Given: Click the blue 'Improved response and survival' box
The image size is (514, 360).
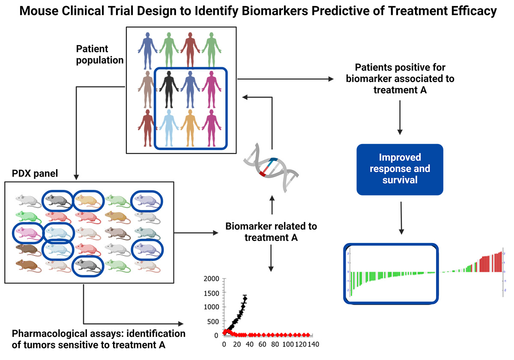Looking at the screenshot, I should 400,168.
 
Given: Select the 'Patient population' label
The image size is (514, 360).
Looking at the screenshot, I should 99,54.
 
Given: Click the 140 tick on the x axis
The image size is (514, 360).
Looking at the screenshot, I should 312,344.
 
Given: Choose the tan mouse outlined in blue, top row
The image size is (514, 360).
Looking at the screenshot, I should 88,199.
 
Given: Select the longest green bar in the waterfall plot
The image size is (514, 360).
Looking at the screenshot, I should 351,283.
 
